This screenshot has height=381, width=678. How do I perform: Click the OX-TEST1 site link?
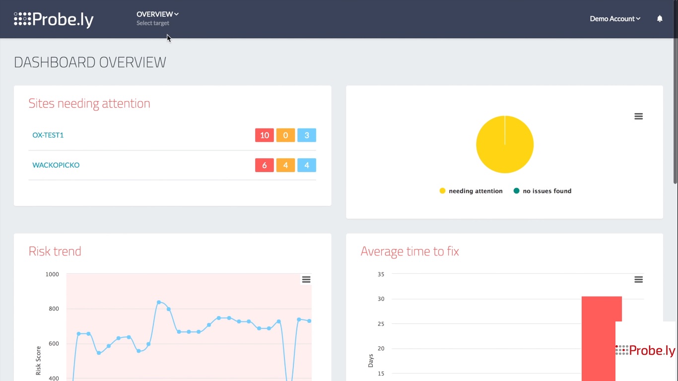48,135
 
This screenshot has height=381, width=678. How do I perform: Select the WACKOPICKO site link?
56,165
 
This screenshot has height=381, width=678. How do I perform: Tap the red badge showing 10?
265,135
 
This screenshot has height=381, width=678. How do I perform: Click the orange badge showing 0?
285,135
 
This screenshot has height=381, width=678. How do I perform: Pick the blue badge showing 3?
307,135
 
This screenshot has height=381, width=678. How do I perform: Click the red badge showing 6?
265,165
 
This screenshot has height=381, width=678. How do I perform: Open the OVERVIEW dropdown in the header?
157,14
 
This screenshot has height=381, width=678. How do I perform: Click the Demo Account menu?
615,19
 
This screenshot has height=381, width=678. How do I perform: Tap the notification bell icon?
660,19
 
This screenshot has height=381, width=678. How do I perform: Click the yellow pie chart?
505,144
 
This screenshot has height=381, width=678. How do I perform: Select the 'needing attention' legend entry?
471,191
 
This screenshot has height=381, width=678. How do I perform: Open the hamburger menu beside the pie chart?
639,116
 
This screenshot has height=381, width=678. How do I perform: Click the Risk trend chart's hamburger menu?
306,280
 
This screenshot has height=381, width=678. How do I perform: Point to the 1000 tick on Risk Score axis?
52,274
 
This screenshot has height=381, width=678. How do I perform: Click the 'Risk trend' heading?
55,252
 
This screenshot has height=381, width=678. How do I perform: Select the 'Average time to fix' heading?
410,252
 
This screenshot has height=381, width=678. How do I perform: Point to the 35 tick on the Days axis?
381,274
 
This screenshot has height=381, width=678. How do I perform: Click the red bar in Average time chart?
598,337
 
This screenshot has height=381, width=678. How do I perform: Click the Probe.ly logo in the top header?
54,19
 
